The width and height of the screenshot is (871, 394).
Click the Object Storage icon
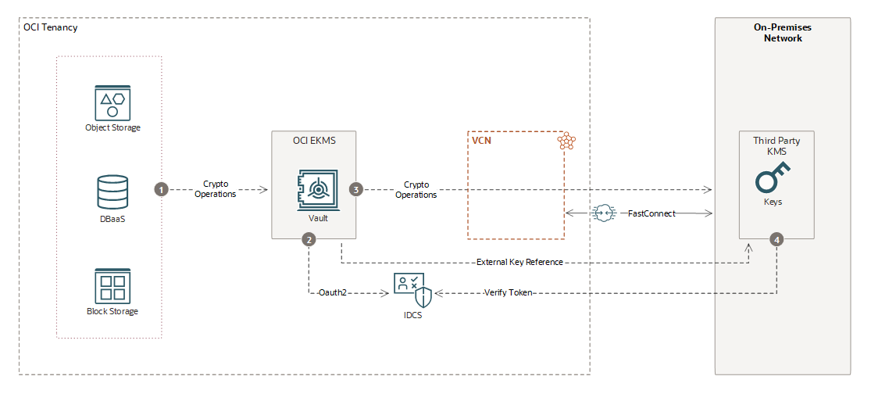pyautogui.click(x=112, y=102)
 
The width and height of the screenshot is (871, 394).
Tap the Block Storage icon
pyautogui.click(x=112, y=285)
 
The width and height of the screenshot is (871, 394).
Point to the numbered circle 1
pyautogui.click(x=162, y=189)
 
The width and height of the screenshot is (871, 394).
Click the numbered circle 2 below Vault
pyautogui.click(x=309, y=240)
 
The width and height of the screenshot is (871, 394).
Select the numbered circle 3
pyautogui.click(x=356, y=189)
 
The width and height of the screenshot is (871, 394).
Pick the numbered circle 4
pyautogui.click(x=776, y=240)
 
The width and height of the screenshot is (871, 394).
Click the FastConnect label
pyautogui.click(x=652, y=213)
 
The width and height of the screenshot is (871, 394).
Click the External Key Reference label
pyautogui.click(x=519, y=262)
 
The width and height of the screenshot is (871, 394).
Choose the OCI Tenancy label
pyautogui.click(x=51, y=27)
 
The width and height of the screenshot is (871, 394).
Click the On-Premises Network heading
pyautogui.click(x=782, y=33)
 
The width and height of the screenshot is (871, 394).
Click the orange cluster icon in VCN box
pyautogui.click(x=566, y=141)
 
